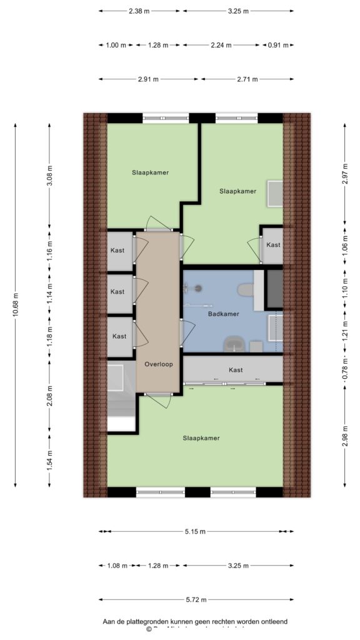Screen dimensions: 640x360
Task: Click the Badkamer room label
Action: (x=223, y=314)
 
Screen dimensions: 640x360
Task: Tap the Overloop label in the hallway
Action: (x=158, y=364)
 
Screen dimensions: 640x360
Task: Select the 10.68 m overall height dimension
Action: (x=16, y=304)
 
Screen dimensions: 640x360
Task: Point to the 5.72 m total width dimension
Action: (x=196, y=599)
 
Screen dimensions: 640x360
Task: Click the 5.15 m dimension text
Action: (x=196, y=531)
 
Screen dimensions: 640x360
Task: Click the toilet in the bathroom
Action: (x=246, y=290)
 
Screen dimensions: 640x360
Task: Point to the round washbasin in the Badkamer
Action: (x=234, y=343)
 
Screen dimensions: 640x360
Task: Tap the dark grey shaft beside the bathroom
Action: (x=274, y=288)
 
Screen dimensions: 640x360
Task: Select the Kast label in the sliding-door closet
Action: (x=236, y=370)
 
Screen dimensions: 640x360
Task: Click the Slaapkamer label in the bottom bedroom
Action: (x=201, y=438)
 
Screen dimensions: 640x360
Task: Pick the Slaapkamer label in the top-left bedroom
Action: (x=150, y=172)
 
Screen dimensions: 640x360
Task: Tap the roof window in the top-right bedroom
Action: (x=274, y=193)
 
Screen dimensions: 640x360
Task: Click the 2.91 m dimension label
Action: (x=148, y=79)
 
